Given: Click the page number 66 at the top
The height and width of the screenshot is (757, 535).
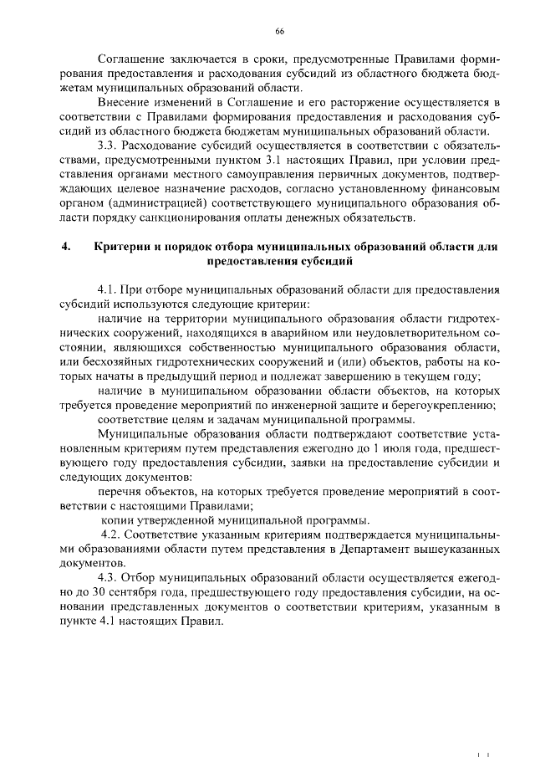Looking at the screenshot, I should [279, 32].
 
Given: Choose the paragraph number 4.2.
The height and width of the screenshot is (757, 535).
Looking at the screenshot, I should [113, 535].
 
